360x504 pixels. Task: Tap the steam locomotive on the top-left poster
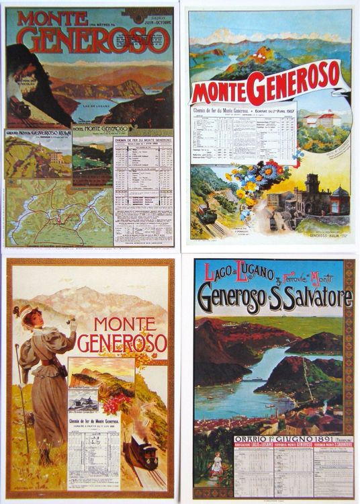coord(20,107)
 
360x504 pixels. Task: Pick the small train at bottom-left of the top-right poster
coord(206,214)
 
